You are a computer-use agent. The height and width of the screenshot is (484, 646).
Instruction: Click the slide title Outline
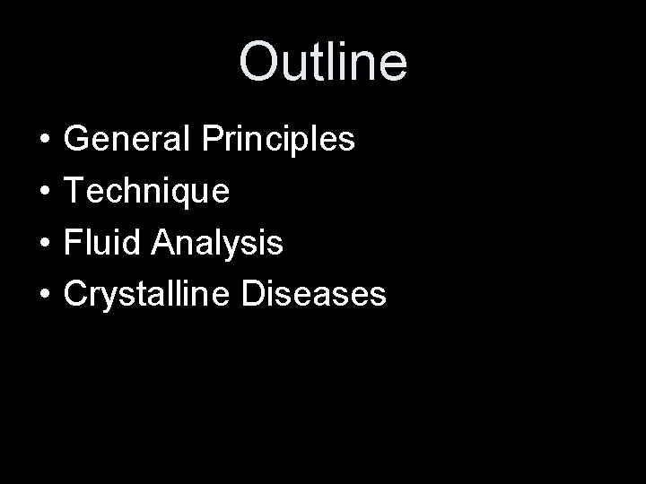pos(323,62)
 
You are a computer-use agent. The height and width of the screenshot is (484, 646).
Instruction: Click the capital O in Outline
pos(261,62)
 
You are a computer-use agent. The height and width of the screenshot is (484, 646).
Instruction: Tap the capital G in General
pos(80,140)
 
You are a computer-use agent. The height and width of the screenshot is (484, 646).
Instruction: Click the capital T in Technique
pos(75,191)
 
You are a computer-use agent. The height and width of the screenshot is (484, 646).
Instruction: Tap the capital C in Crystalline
pos(79,294)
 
